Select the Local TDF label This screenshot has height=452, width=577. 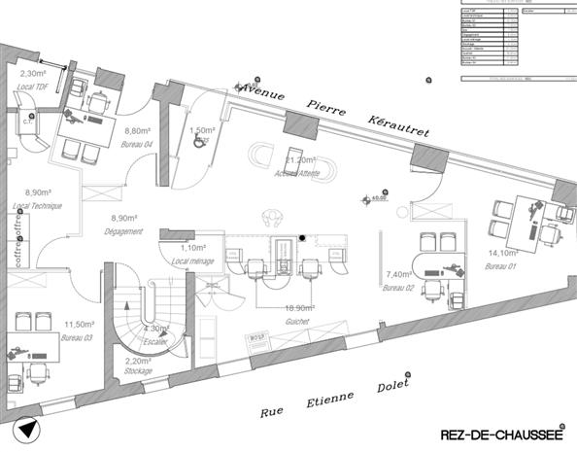34,87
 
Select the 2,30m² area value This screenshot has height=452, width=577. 34,73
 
